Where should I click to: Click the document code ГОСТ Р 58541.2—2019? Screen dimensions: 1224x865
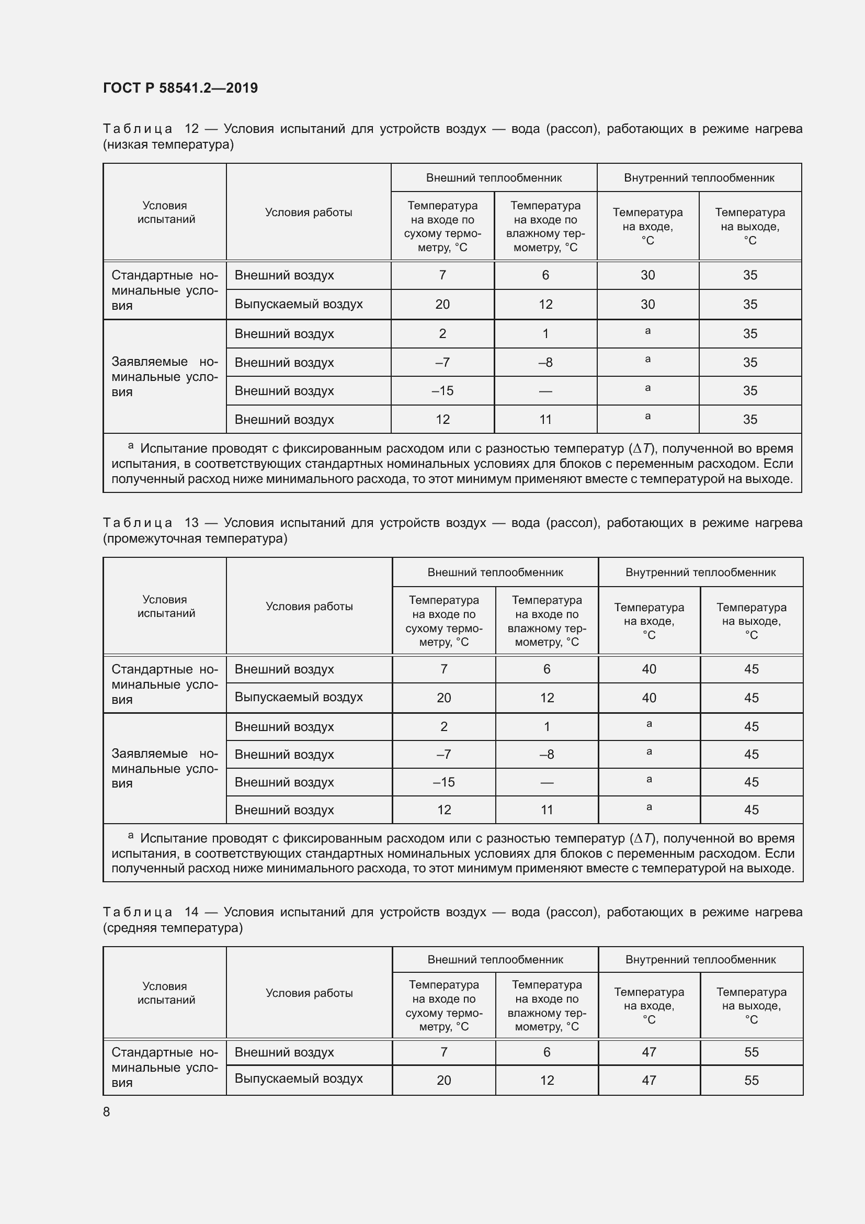(x=180, y=88)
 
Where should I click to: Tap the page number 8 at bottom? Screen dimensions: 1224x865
(x=107, y=1111)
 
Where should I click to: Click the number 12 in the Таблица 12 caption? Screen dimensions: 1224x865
(x=191, y=129)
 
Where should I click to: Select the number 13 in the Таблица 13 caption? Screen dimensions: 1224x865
(x=191, y=522)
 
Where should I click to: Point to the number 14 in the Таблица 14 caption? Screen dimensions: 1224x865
(x=191, y=912)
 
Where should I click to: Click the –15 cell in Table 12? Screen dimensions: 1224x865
(x=442, y=391)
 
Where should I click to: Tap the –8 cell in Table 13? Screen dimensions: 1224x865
(x=547, y=755)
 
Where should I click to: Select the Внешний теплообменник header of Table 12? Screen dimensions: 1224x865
(x=493, y=178)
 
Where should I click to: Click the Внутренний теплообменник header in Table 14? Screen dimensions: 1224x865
(x=700, y=960)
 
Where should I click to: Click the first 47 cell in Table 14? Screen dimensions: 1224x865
(x=648, y=1052)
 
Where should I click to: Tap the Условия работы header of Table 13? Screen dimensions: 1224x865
(x=309, y=606)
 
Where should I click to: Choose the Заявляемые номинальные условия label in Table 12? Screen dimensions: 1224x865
(x=165, y=376)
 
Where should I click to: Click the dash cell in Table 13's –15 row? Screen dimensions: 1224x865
(x=547, y=782)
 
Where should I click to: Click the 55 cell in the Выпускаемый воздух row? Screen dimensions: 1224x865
(x=751, y=1080)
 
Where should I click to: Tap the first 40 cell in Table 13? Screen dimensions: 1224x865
(x=648, y=669)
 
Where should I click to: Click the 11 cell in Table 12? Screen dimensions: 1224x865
(x=545, y=420)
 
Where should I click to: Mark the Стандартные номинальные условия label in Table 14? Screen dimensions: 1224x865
(x=165, y=1066)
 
